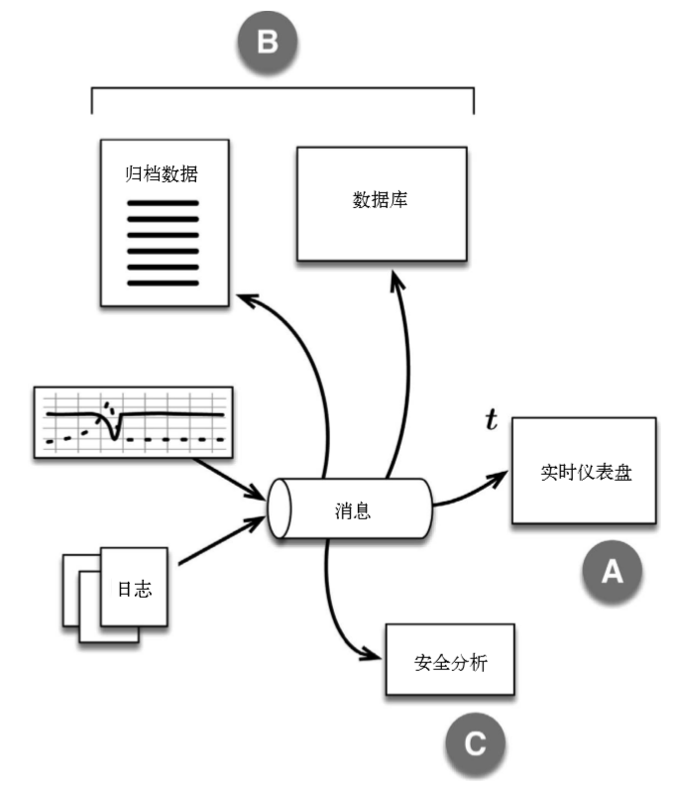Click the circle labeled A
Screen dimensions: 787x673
[x=613, y=572]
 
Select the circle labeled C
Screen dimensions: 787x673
[x=474, y=742]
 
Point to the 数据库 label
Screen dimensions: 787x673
[x=381, y=199]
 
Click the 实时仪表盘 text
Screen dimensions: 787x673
[x=584, y=472]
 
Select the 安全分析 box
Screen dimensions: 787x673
[x=450, y=661]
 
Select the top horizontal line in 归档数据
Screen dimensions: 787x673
[x=164, y=204]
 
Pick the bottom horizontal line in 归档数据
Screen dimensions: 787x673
[x=164, y=282]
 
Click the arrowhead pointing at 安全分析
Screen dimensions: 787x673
[x=376, y=657]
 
